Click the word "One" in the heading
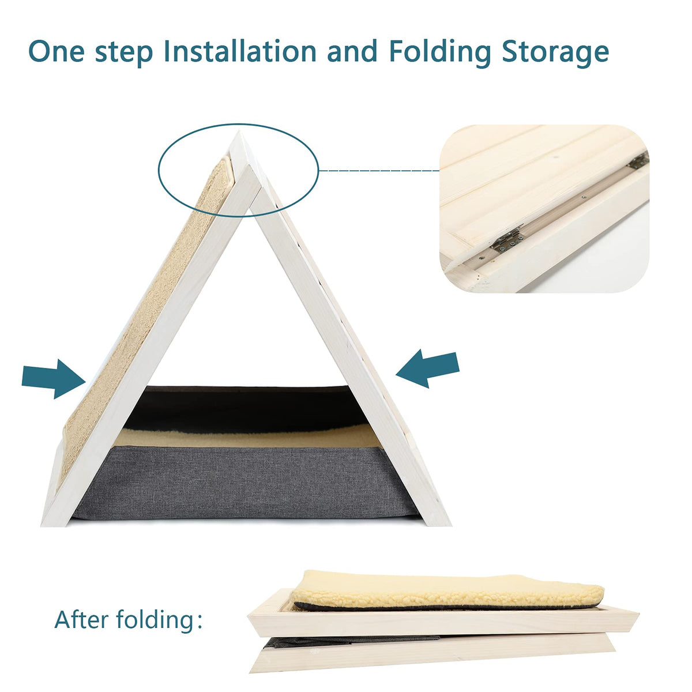pos(57,51)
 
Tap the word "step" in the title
pos(124,53)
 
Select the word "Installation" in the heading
pos(240,51)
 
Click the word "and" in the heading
pos(352,51)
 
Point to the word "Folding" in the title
pos(440,53)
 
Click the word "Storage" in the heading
pos(555,54)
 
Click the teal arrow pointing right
pos(54,379)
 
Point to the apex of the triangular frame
pos(239,132)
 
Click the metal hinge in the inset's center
pos(507,238)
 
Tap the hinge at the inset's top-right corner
pos(638,160)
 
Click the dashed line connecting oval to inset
pos(379,171)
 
